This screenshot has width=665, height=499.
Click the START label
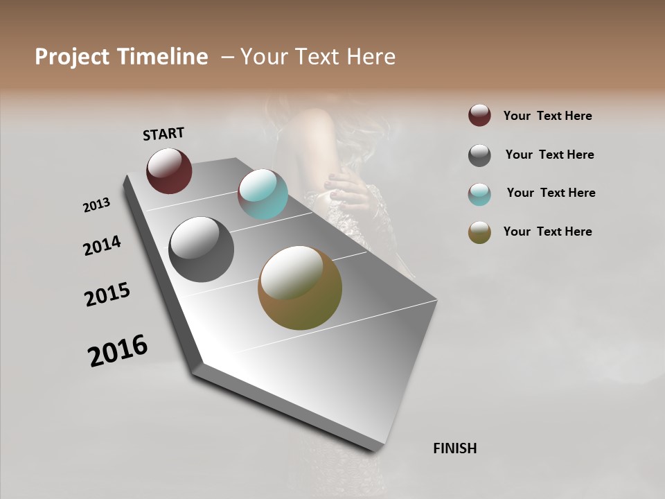163,134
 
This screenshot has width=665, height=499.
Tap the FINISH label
454,448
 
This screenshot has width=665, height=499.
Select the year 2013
97,205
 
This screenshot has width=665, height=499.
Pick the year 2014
103,245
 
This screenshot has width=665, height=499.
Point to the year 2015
107,295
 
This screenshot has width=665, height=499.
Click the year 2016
118,351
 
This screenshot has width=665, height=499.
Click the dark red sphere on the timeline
169,170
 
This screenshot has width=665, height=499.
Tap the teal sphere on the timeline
263,194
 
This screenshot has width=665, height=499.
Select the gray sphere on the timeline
201,249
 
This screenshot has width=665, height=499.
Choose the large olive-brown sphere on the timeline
300,288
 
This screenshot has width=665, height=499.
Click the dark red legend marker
479,116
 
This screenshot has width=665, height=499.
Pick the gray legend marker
479,155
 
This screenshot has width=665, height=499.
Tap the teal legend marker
479,194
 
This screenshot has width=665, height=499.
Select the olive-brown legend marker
479,232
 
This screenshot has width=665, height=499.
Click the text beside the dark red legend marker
547,116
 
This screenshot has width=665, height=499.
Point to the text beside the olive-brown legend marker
547,231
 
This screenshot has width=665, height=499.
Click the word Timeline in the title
163,57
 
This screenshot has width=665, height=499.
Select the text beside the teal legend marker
551,193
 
